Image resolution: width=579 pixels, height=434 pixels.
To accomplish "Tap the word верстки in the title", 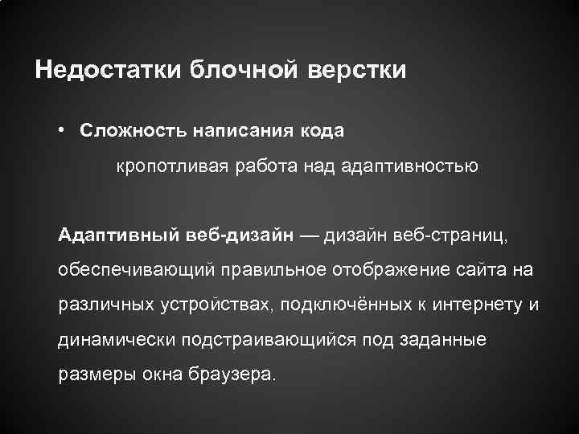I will (358, 70).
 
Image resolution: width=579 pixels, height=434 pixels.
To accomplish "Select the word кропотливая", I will (166, 167).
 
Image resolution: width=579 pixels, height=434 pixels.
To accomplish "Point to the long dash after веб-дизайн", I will (309, 235).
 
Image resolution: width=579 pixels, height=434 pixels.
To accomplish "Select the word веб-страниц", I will (462, 234).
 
